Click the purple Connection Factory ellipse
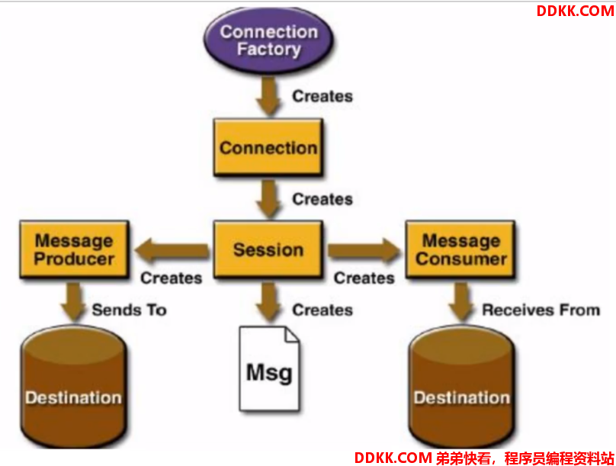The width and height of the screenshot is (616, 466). point(268,40)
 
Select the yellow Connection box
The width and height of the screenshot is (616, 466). point(268,147)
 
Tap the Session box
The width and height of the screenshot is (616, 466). point(268,249)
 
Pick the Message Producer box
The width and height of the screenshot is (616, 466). point(74,249)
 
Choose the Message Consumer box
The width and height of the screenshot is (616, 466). point(460,249)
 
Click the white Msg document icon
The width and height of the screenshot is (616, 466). point(270,368)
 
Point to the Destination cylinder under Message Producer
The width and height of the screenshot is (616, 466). point(74,387)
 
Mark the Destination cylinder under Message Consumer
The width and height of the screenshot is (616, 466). point(461,387)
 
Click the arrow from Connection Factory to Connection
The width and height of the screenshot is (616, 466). point(268,96)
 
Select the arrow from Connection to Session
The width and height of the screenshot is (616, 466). point(268,199)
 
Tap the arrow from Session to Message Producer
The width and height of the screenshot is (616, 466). point(172,250)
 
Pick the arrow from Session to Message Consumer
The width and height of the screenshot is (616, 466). point(364,250)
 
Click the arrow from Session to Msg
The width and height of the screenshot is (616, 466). point(268,303)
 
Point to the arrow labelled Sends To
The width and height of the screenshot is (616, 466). point(73,303)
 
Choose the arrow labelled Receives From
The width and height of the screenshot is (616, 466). point(461,303)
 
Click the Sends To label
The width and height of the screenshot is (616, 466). point(130,310)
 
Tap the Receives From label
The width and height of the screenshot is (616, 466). point(541,310)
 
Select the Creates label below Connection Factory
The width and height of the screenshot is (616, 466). point(322,96)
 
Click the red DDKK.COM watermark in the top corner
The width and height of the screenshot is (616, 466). point(575,11)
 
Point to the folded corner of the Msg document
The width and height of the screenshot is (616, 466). point(292,334)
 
